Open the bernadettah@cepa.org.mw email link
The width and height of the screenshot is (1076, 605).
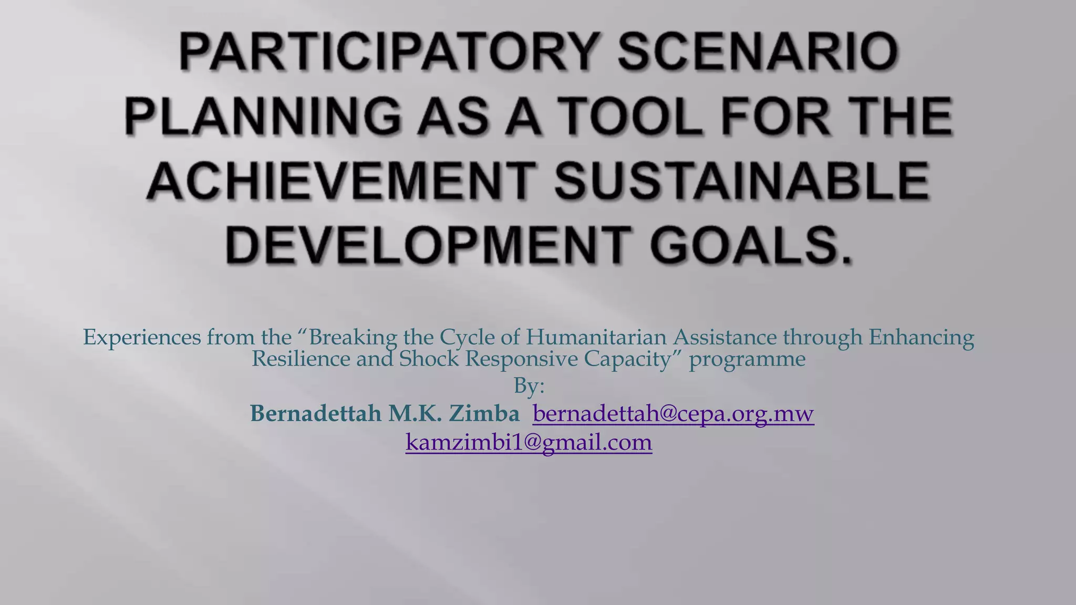pyautogui.click(x=673, y=414)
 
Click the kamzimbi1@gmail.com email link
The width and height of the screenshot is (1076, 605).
pyautogui.click(x=529, y=442)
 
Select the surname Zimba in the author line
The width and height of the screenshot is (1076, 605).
pyautogui.click(x=484, y=414)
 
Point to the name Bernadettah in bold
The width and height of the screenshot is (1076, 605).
pyautogui.click(x=315, y=414)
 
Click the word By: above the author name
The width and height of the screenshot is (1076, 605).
pyautogui.click(x=529, y=387)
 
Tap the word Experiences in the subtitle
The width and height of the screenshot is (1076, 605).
pyautogui.click(x=142, y=337)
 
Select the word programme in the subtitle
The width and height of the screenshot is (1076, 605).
pyautogui.click(x=747, y=359)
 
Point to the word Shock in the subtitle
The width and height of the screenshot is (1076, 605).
pyautogui.click(x=429, y=359)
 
